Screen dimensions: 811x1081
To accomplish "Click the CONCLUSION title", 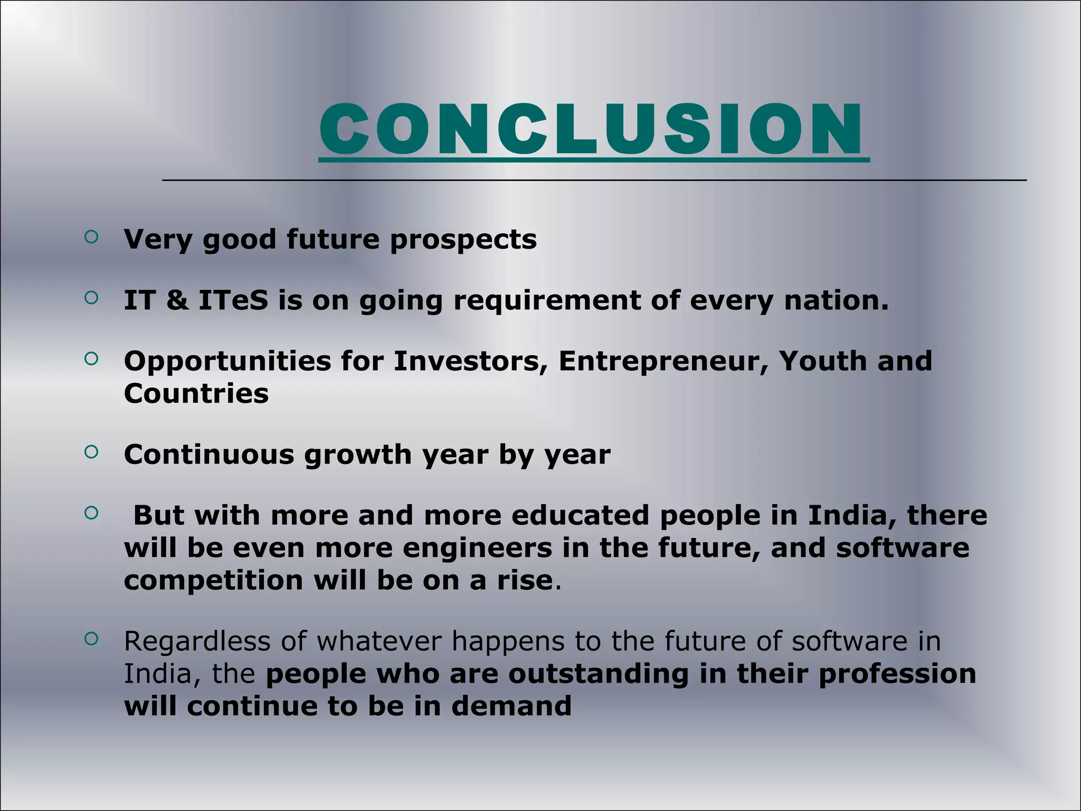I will pos(591,129).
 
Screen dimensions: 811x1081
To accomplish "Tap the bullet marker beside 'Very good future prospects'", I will pos(91,237).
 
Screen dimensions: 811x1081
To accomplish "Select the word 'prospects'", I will pos(463,240).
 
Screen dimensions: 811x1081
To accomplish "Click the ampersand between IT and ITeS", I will pos(177,300).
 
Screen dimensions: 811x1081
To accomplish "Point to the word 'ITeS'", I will pos(233,300).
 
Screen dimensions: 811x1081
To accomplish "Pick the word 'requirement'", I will pos(547,301).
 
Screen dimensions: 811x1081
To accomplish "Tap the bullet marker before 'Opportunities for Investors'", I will pos(91,359).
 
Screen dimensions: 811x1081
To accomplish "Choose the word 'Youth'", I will pos(822,361).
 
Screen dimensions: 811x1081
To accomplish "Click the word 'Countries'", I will pos(196,393).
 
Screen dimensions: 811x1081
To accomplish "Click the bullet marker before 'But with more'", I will pos(91,513).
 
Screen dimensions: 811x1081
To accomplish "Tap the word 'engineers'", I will pos(477,548).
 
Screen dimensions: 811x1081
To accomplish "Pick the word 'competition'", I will pos(214,581).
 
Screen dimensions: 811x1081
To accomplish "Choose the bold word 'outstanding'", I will pos(599,674).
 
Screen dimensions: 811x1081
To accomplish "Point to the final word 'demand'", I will pos(511,706).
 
